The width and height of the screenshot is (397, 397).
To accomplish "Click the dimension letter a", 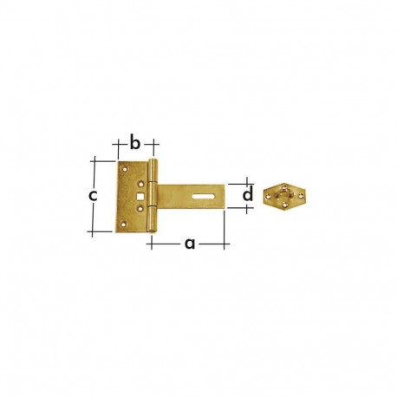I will point(188,244).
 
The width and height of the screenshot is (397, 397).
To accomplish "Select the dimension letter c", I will point(94,195).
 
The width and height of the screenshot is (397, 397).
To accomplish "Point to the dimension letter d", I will point(247,196).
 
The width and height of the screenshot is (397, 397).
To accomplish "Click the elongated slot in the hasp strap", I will point(202,196).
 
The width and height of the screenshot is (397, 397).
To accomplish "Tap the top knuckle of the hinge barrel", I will point(153,172).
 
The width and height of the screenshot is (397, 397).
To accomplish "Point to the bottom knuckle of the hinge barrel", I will point(153,222).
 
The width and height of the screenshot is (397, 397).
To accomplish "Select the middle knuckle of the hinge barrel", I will point(153,197).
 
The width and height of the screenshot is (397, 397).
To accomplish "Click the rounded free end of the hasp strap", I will point(221,196).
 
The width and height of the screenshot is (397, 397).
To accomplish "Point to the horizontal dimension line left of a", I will point(165,245).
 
